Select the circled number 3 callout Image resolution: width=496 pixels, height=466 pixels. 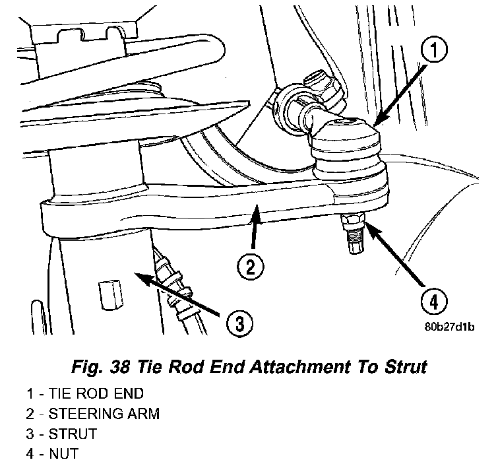tap(239, 323)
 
